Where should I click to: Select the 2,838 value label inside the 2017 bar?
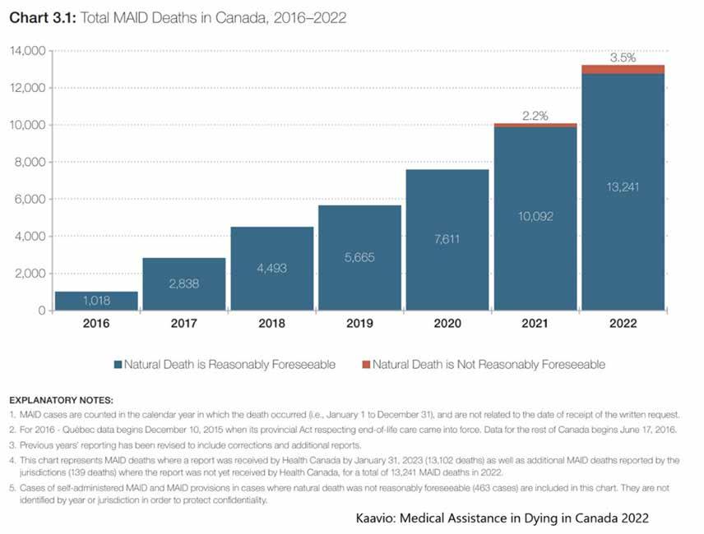coord(185,283)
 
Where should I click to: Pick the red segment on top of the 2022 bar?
coord(622,69)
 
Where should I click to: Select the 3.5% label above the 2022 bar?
coord(623,58)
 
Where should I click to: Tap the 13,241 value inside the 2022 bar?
coord(623,186)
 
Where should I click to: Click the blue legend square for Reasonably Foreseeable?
coord(119,364)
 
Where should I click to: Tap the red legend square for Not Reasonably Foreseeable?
coord(365,364)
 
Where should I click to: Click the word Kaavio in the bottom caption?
coord(373,518)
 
